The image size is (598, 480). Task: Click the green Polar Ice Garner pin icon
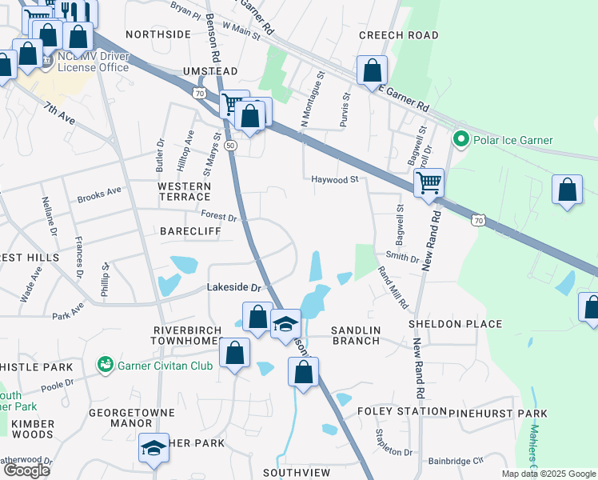460,140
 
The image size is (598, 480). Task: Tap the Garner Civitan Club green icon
104,365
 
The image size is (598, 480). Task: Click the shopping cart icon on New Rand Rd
429,182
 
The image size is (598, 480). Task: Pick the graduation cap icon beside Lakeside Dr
285,324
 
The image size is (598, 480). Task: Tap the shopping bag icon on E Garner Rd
372,70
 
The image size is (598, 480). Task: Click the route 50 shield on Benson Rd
230,146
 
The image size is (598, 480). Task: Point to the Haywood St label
335,180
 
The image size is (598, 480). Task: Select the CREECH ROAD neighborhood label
398,35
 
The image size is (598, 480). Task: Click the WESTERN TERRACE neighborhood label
184,191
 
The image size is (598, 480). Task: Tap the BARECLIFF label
189,231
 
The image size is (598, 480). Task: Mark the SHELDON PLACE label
455,324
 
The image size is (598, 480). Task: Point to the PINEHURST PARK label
498,413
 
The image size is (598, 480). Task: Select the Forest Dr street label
219,217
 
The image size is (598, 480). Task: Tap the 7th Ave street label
59,113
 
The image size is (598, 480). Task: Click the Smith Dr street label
402,258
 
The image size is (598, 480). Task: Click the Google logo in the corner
26,470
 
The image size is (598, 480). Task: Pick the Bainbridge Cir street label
456,461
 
